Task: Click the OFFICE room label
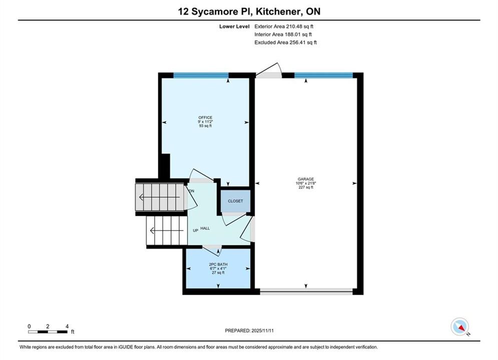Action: tap(205, 117)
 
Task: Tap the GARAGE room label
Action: tap(306, 179)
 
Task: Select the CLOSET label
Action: tap(235, 201)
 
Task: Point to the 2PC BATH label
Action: tap(218, 264)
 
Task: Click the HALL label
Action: tap(205, 228)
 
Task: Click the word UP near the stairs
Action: tap(196, 230)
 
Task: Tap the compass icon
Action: tap(459, 326)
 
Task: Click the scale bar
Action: tap(48, 332)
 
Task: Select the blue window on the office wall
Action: tap(201, 75)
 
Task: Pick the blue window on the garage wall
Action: tap(323, 75)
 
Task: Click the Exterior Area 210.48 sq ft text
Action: tap(284, 26)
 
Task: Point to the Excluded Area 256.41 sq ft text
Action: tap(285, 42)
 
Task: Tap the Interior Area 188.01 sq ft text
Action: tap(283, 34)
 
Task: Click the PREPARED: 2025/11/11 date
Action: tap(249, 330)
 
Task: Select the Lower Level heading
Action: tap(234, 26)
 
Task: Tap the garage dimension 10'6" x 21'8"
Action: tap(306, 183)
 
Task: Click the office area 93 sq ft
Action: tap(205, 126)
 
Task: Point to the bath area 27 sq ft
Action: tap(218, 272)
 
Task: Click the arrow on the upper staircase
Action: tap(160, 197)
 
